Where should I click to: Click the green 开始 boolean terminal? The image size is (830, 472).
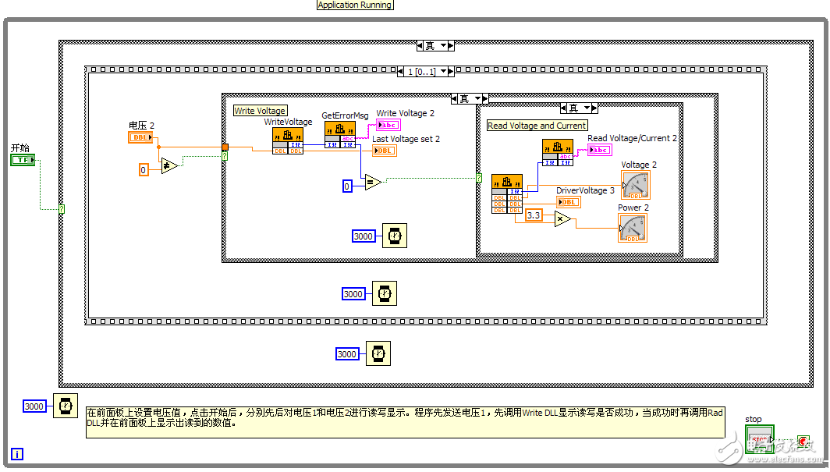click(x=23, y=160)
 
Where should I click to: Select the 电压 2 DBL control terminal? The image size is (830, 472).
click(x=140, y=137)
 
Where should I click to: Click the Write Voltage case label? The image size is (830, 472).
click(x=261, y=111)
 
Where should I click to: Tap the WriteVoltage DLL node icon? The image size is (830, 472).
click(x=287, y=140)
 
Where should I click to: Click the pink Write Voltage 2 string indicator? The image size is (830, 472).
click(x=388, y=125)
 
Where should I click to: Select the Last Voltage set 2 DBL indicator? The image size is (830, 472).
click(x=384, y=151)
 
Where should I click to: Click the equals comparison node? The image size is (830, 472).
click(x=372, y=183)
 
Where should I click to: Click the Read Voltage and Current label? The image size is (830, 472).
click(x=537, y=126)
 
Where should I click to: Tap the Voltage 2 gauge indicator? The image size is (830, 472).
click(x=635, y=185)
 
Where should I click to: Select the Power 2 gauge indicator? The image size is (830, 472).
click(x=633, y=228)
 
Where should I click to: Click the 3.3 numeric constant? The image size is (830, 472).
click(x=534, y=215)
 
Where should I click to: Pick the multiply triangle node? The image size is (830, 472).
click(x=562, y=218)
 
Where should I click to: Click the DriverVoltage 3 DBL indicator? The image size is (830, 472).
click(x=568, y=202)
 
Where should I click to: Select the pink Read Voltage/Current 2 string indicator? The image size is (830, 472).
click(x=600, y=150)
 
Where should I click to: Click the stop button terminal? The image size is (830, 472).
click(x=760, y=439)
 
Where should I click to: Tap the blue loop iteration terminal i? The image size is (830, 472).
click(x=17, y=454)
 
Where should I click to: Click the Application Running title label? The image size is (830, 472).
click(x=355, y=5)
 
